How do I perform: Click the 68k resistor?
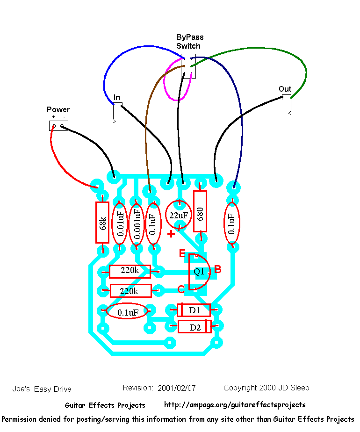coord(102,223)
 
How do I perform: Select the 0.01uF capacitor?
coord(120,223)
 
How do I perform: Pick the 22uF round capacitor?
coord(178,216)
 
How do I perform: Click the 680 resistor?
coord(200,211)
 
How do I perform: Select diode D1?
coord(194,310)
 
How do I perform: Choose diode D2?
coord(194,327)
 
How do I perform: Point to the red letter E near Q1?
coord(183,254)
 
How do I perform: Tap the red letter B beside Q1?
coord(217,270)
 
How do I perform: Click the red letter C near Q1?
coord(181,289)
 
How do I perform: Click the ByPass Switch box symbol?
coord(188,66)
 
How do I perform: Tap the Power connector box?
coord(58,125)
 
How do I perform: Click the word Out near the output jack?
coord(285,89)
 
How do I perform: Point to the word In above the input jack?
coord(117,98)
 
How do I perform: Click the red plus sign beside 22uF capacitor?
coord(171,234)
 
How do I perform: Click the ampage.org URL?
coord(235,405)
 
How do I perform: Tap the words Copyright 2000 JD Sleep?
coord(266,388)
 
